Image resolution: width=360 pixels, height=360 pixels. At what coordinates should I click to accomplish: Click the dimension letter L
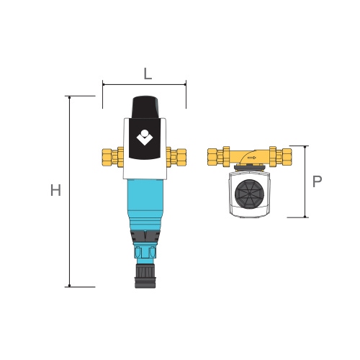(147, 73)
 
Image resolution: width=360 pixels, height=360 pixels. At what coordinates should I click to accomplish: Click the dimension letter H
(55, 191)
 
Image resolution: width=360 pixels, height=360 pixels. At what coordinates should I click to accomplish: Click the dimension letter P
(317, 181)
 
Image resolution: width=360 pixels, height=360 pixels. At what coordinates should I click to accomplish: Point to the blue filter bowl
(144, 202)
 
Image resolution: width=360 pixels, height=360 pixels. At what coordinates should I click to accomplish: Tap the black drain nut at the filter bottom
(144, 276)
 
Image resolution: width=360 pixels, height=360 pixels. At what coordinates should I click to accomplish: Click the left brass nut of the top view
(214, 155)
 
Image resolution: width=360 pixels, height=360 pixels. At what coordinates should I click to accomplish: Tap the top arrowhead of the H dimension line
(70, 98)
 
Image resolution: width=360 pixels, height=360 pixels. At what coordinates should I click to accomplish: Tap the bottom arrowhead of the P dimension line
(306, 215)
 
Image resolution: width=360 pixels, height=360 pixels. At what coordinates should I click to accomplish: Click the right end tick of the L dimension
(186, 84)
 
